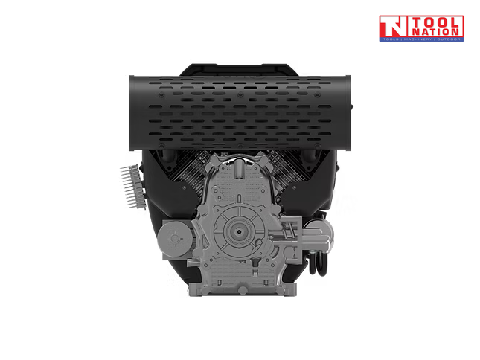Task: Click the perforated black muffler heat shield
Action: [238, 107]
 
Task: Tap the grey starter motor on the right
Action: [313, 234]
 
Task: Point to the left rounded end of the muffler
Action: [135, 105]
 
